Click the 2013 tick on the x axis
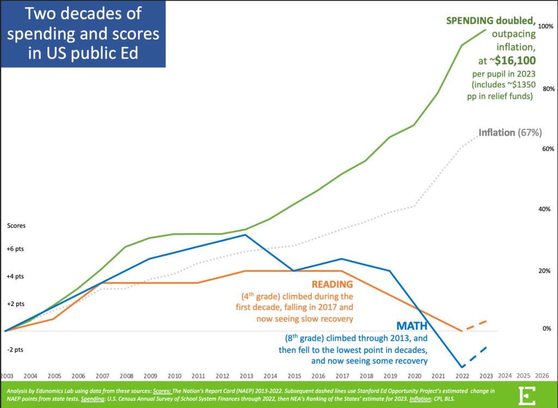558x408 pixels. click(x=246, y=376)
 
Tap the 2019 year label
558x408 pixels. click(x=389, y=376)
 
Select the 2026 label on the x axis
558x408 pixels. click(x=541, y=375)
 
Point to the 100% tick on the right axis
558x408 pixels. click(x=545, y=26)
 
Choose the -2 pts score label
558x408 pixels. click(x=16, y=349)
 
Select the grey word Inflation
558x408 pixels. click(x=496, y=132)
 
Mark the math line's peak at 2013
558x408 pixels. click(x=246, y=235)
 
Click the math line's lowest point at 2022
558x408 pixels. click(x=462, y=367)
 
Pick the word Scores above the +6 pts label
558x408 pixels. click(x=16, y=225)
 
